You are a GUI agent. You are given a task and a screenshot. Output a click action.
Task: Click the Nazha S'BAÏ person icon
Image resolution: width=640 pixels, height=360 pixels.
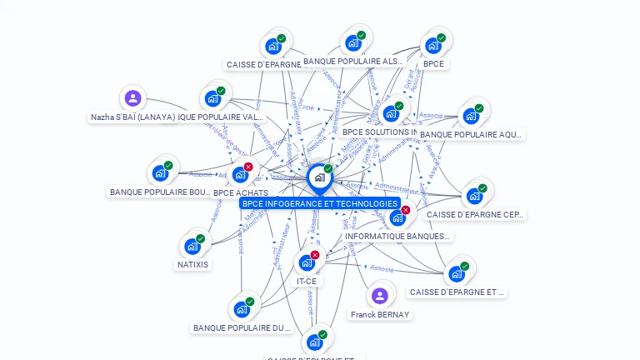click(132, 98)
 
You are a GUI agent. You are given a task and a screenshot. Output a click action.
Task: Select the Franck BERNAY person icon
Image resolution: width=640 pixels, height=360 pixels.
click(379, 296)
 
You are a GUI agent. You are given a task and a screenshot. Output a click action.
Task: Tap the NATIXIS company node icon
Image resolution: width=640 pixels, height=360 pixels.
click(192, 246)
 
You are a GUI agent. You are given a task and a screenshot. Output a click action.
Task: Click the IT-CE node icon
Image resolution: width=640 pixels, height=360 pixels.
click(307, 262)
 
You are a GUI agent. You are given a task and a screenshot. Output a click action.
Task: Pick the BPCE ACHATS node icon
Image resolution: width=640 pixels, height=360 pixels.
click(240, 174)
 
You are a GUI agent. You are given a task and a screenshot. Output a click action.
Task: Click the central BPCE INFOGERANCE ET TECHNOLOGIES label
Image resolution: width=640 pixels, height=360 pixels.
click(320, 203)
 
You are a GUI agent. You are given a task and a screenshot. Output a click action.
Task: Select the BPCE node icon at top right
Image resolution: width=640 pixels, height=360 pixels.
click(433, 45)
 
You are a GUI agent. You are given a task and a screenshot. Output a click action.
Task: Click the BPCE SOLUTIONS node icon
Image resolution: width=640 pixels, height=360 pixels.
click(391, 113)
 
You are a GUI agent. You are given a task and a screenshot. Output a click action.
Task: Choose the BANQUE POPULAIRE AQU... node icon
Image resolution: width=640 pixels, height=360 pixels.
click(471, 115)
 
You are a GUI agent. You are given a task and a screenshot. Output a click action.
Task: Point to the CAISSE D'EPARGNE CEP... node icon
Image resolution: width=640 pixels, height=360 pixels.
click(474, 196)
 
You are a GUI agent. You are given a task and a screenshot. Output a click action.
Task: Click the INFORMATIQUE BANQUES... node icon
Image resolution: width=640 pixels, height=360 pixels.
click(397, 217)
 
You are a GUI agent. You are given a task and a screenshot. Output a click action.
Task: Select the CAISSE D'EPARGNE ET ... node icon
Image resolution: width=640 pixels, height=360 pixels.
click(457, 273)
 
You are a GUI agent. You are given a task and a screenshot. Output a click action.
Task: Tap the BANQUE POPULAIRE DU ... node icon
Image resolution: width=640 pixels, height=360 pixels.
click(242, 309)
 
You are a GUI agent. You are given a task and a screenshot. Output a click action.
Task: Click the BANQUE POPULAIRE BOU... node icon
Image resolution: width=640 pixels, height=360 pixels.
click(160, 173)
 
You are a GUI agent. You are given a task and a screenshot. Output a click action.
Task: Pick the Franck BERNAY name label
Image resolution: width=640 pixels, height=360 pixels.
click(380, 315)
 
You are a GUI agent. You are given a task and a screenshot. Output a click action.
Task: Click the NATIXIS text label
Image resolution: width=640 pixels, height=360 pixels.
click(192, 265)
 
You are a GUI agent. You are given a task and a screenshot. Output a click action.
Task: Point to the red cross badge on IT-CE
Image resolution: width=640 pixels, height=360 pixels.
click(315, 255)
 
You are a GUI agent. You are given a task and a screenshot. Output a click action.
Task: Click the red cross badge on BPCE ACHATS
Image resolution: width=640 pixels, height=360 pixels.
click(248, 167)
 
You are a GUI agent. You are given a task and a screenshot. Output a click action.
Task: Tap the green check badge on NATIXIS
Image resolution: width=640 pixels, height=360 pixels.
click(200, 238)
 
